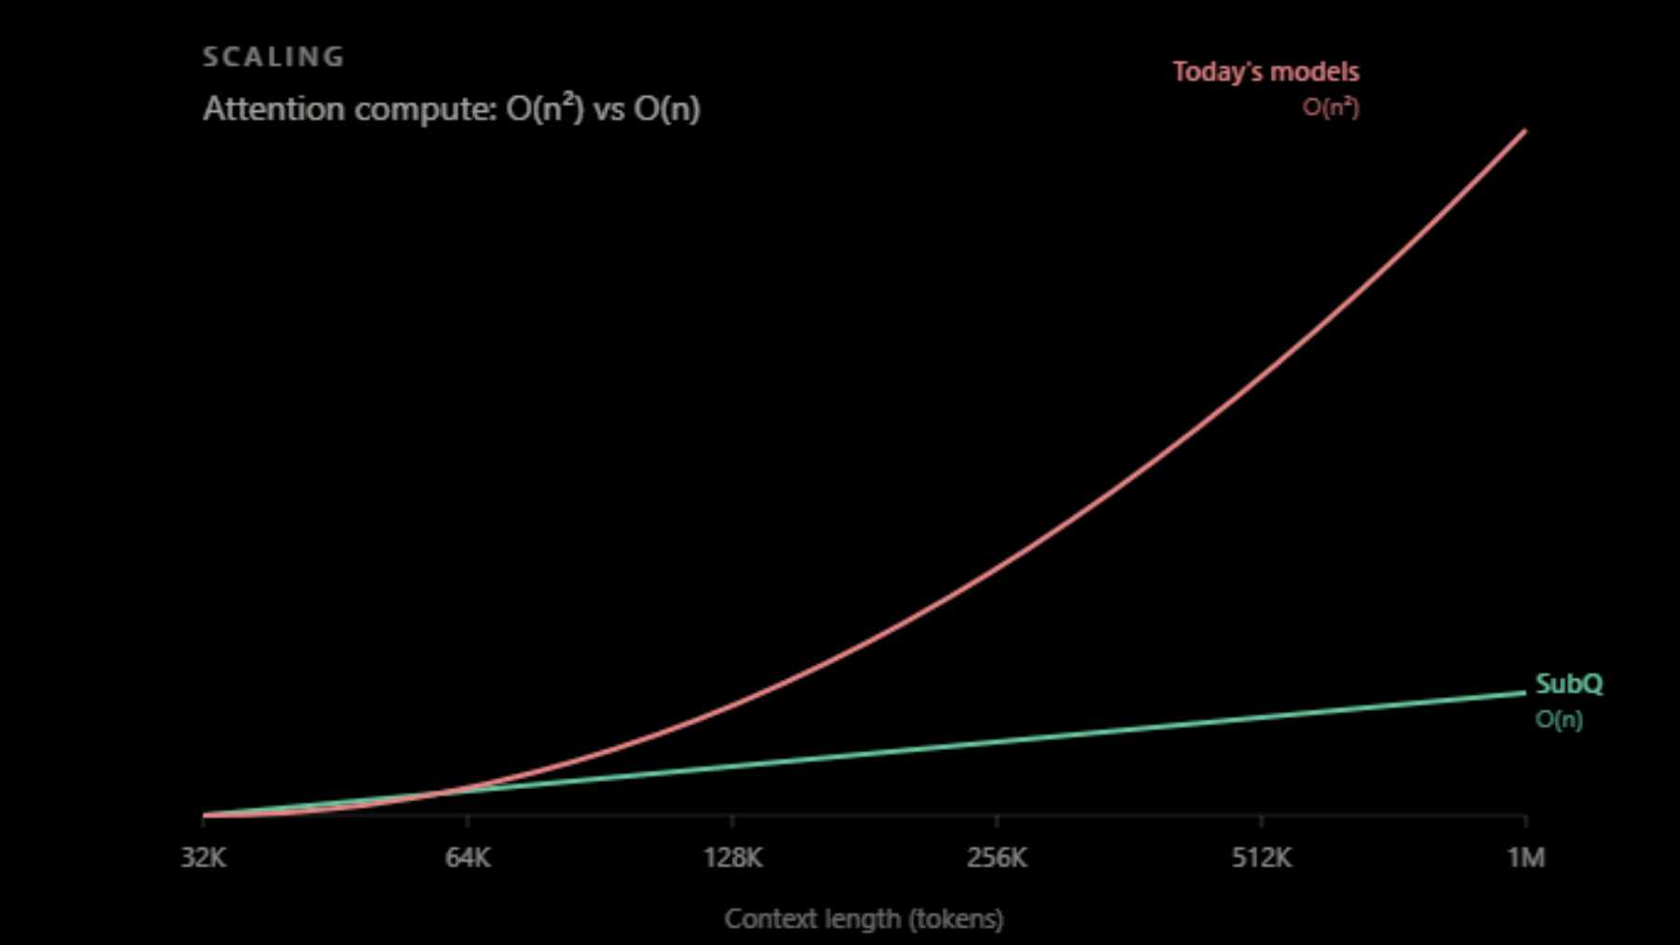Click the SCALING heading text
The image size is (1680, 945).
click(x=273, y=57)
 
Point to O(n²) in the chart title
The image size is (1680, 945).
click(x=545, y=108)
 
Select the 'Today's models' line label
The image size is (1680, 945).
click(x=1266, y=72)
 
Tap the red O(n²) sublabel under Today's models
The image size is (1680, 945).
click(x=1331, y=107)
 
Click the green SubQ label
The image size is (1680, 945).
click(x=1569, y=684)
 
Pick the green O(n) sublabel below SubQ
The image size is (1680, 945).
click(x=1559, y=719)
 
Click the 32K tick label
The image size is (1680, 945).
click(x=203, y=857)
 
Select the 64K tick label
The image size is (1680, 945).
click(x=468, y=857)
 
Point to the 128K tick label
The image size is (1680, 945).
click(x=733, y=857)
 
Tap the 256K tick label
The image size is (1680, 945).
click(x=997, y=857)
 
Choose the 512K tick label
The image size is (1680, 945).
click(x=1262, y=857)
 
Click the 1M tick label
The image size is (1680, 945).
click(x=1526, y=857)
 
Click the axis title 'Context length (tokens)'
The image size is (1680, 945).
click(x=864, y=919)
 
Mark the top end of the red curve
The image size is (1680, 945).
click(x=1525, y=131)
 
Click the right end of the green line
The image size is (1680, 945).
click(x=1525, y=692)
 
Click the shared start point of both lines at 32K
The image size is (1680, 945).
click(x=203, y=815)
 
